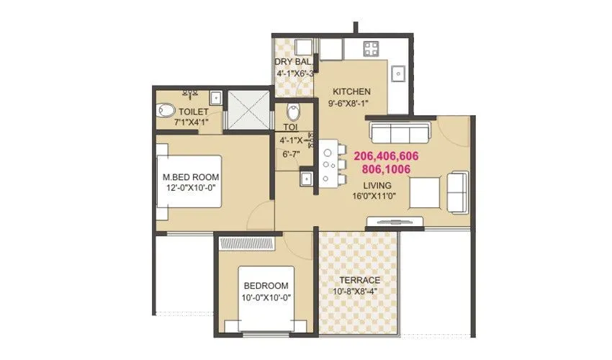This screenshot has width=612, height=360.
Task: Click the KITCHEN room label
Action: pos(351,91)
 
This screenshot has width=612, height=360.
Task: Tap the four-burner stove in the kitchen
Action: pos(372,50)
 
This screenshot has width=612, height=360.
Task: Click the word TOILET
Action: pos(194,112)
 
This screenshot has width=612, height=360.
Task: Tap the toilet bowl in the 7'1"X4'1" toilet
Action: pos(165,111)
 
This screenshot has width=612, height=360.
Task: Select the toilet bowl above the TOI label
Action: pos(292,113)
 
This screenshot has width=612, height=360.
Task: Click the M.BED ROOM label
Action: pos(190,177)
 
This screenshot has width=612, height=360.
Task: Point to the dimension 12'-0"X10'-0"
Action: pos(190,189)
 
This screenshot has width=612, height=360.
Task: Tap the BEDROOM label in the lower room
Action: pos(265,286)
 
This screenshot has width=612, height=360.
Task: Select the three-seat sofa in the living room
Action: pos(400,132)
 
